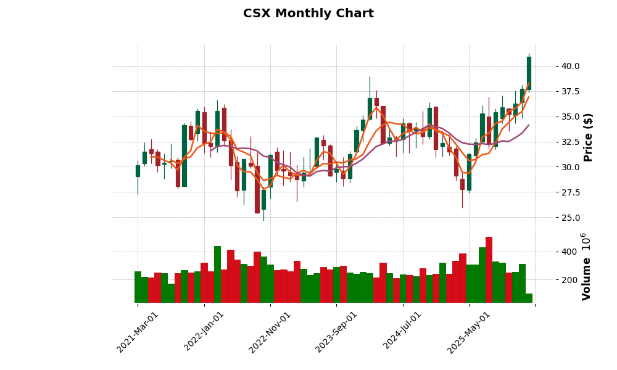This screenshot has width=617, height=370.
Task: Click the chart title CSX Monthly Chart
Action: (308, 14)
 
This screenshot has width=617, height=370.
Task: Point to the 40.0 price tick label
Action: (566, 66)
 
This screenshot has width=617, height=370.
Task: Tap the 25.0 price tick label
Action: (566, 218)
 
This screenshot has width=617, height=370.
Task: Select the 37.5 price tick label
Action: (566, 91)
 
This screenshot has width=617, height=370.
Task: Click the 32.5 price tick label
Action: (566, 142)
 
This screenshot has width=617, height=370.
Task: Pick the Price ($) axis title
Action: (589, 137)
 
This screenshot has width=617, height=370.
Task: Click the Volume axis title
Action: (586, 266)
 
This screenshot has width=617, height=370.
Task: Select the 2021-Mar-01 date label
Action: (138, 332)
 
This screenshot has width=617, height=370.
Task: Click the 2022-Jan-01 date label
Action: (204, 332)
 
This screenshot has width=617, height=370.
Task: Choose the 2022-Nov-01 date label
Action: (270, 332)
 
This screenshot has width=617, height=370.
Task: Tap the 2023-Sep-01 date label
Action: (336, 332)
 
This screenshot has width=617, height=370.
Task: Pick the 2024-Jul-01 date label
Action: (402, 332)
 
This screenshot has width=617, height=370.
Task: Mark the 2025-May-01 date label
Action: (469, 332)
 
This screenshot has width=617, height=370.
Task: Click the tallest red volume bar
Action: (489, 269)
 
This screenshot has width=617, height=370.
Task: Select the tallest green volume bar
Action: (217, 274)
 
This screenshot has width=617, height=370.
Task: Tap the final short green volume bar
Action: (529, 298)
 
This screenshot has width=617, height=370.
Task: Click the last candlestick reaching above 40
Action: (529, 73)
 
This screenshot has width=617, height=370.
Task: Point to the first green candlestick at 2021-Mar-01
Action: (138, 171)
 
